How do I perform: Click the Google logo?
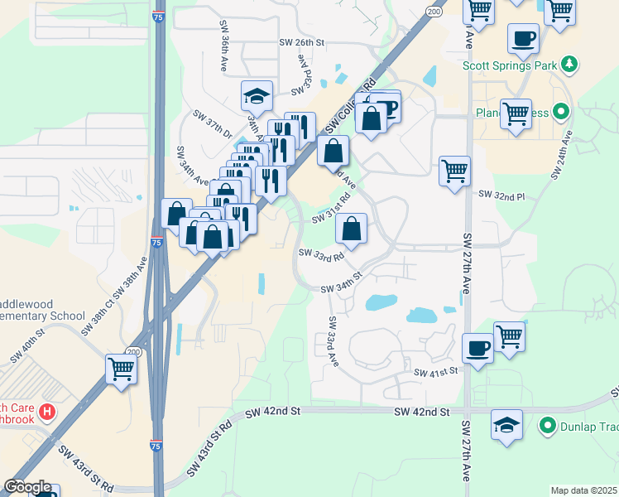(x=27, y=487)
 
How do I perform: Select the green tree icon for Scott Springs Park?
(x=569, y=64)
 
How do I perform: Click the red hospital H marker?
(x=48, y=411)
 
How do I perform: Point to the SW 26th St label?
(x=302, y=43)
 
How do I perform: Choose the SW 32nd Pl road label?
(x=502, y=195)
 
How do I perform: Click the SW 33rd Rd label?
(x=321, y=255)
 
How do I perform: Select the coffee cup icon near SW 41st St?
(x=478, y=348)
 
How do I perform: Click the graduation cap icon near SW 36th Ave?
(x=257, y=97)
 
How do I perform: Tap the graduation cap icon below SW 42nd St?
(x=506, y=425)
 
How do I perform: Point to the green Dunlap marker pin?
(x=547, y=427)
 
